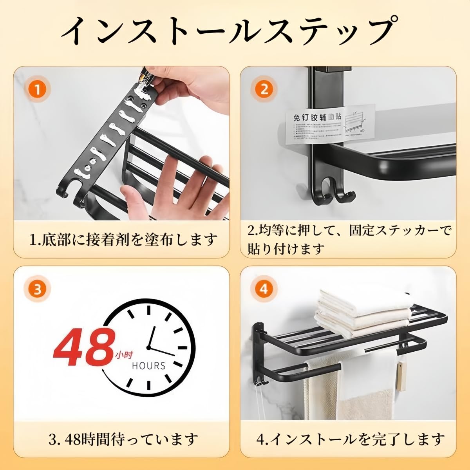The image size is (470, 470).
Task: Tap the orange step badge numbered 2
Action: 264,90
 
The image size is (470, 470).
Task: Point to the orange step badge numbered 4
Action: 264,289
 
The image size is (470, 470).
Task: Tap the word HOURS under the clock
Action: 148,366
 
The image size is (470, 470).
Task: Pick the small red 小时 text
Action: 124,355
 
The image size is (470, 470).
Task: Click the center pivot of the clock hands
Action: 149,347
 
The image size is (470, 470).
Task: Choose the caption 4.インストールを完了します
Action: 350,440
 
